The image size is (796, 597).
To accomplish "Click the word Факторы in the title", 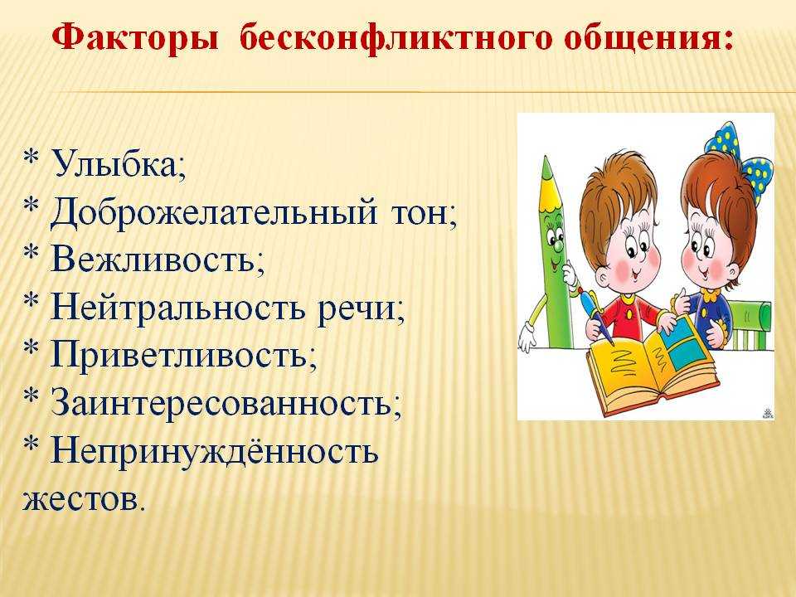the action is coord(135,40).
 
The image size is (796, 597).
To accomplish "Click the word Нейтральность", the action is coord(178,306).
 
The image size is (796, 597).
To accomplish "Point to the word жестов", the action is coord(80,499).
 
